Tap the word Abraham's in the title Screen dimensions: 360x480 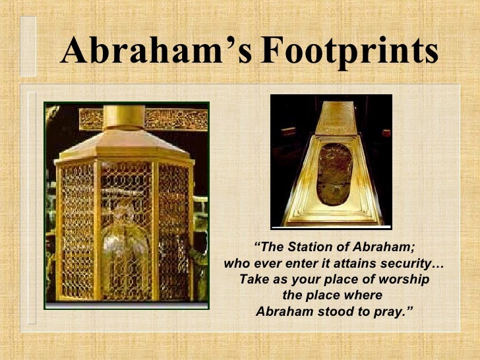point(156,51)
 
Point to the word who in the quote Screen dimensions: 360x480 point(236,264)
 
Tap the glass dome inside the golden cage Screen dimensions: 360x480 point(125,247)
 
